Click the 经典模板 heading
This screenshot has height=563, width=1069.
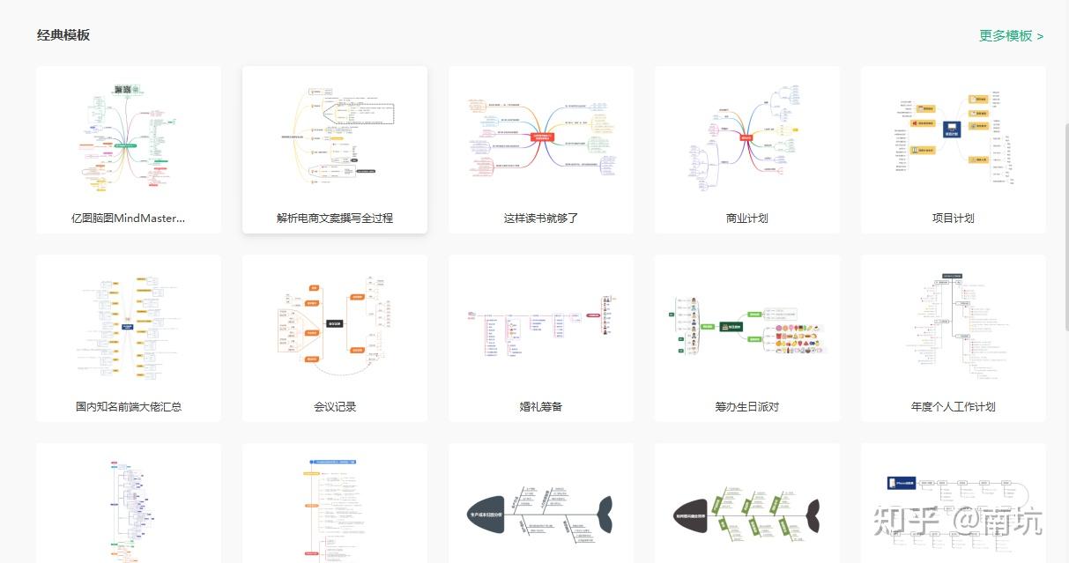coord(63,35)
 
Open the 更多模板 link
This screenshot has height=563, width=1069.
coord(1011,36)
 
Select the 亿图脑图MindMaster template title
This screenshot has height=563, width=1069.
coord(129,218)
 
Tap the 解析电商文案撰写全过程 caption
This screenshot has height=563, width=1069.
coord(335,218)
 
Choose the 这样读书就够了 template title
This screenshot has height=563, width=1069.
coord(541,218)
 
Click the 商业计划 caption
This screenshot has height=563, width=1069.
coord(746,218)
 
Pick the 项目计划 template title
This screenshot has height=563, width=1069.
coord(953,218)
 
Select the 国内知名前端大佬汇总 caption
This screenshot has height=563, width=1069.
coord(129,406)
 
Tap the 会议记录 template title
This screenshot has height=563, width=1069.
coord(335,406)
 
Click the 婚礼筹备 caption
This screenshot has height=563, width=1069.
coord(541,406)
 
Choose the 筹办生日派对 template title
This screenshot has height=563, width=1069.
coord(746,406)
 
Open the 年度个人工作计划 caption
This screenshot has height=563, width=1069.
coord(953,406)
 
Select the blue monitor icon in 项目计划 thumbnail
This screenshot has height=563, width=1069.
coord(952,130)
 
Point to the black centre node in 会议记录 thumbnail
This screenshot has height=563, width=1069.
coord(335,324)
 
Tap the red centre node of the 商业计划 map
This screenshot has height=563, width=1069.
coord(746,137)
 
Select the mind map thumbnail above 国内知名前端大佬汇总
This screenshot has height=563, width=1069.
coord(129,326)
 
